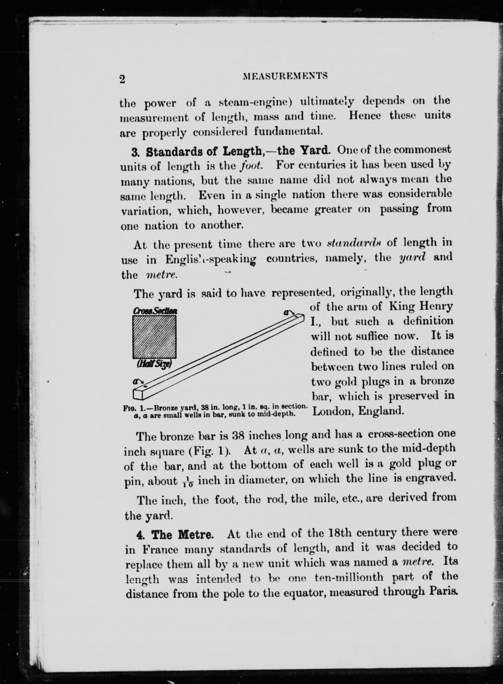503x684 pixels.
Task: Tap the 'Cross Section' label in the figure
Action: (x=155, y=311)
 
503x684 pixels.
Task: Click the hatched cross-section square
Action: (x=154, y=337)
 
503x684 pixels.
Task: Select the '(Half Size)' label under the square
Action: (x=155, y=364)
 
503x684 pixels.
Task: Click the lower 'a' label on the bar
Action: (x=135, y=381)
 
